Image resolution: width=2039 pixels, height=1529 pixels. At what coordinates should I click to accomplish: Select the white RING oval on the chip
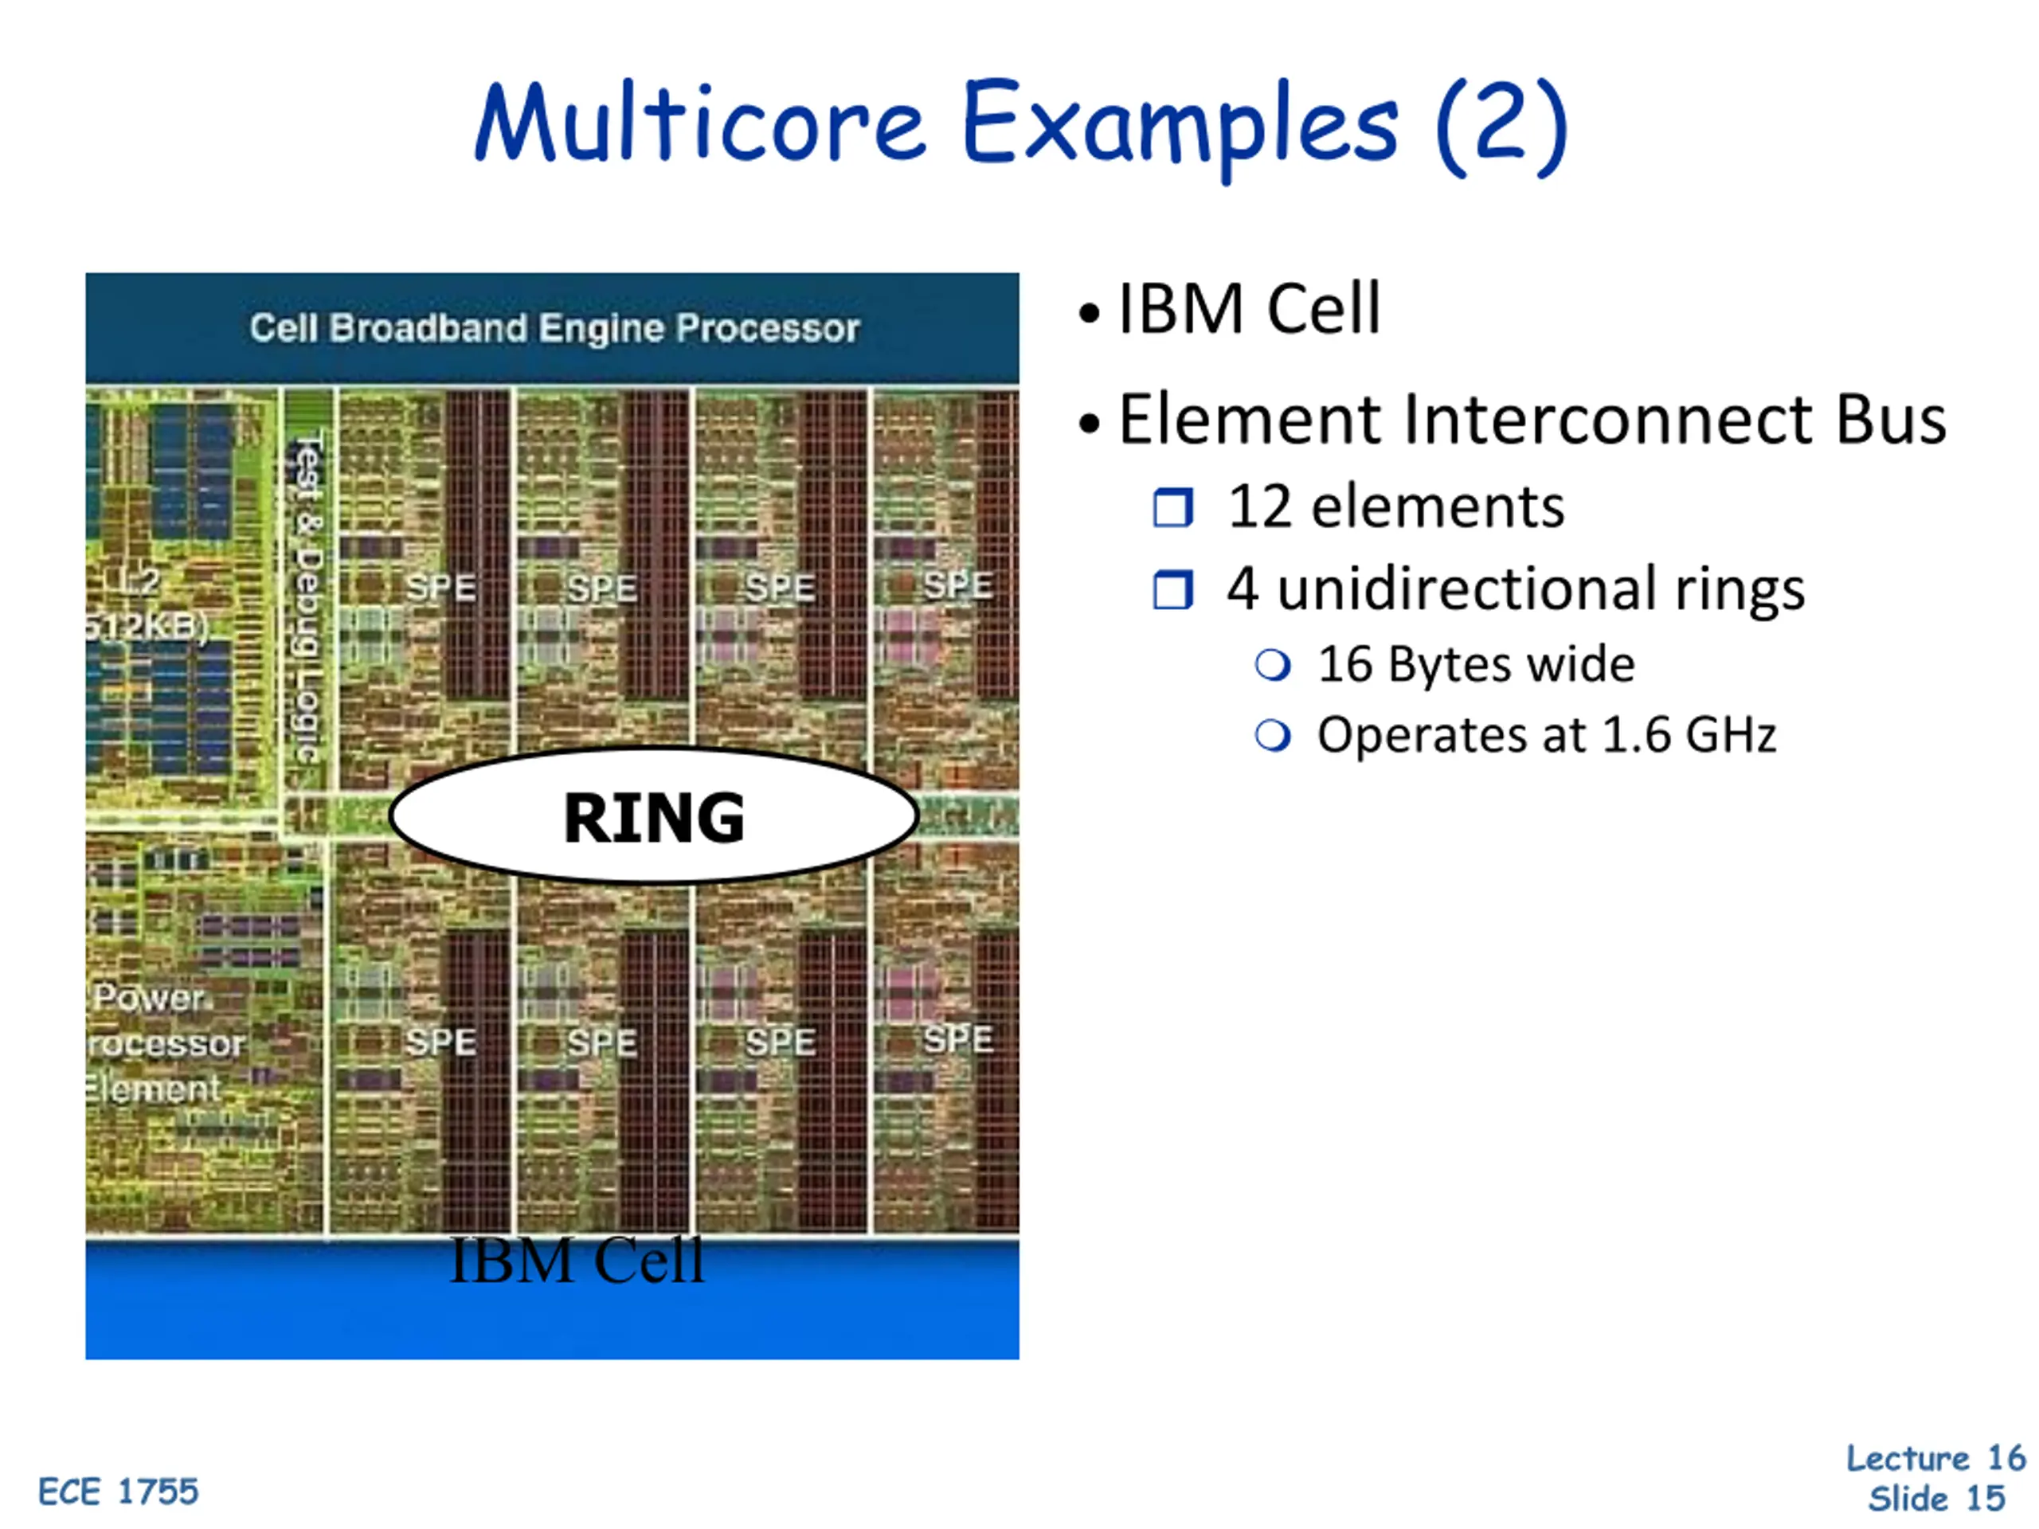[654, 816]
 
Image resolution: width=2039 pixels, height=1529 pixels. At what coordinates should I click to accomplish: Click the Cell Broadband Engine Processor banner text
[554, 328]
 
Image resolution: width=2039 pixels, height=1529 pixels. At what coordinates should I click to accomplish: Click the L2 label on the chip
[139, 581]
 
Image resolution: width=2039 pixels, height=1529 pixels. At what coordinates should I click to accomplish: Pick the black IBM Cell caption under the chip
[577, 1260]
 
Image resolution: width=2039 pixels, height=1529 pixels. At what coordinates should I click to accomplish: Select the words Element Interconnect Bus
[1532, 420]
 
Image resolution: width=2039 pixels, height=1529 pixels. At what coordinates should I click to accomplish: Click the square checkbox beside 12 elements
[1172, 507]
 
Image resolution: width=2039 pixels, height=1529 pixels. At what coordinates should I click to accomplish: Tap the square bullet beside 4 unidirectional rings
[1172, 590]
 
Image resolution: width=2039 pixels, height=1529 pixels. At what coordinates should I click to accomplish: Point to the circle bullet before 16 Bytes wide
[1272, 664]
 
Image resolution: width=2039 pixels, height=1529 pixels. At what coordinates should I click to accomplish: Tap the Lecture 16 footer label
[1935, 1458]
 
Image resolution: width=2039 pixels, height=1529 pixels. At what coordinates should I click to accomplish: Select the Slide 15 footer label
[1935, 1499]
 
